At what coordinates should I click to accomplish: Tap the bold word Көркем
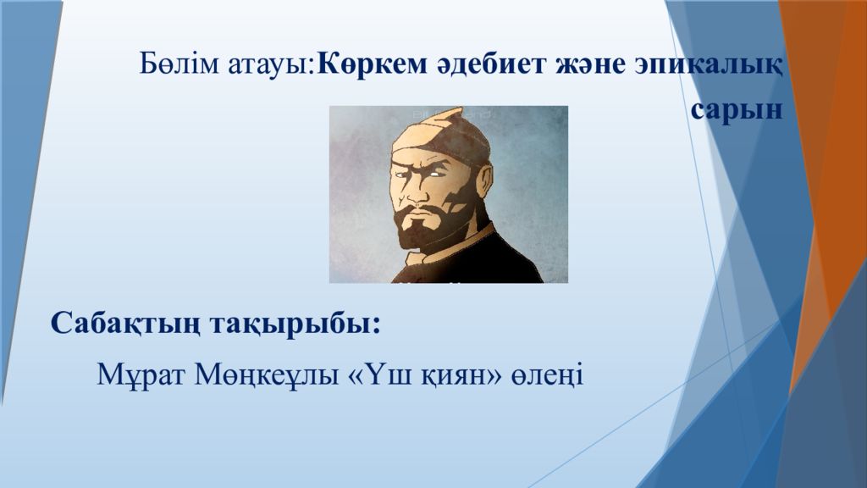pos(373,64)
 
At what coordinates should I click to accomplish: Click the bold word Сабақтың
pos(125,324)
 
